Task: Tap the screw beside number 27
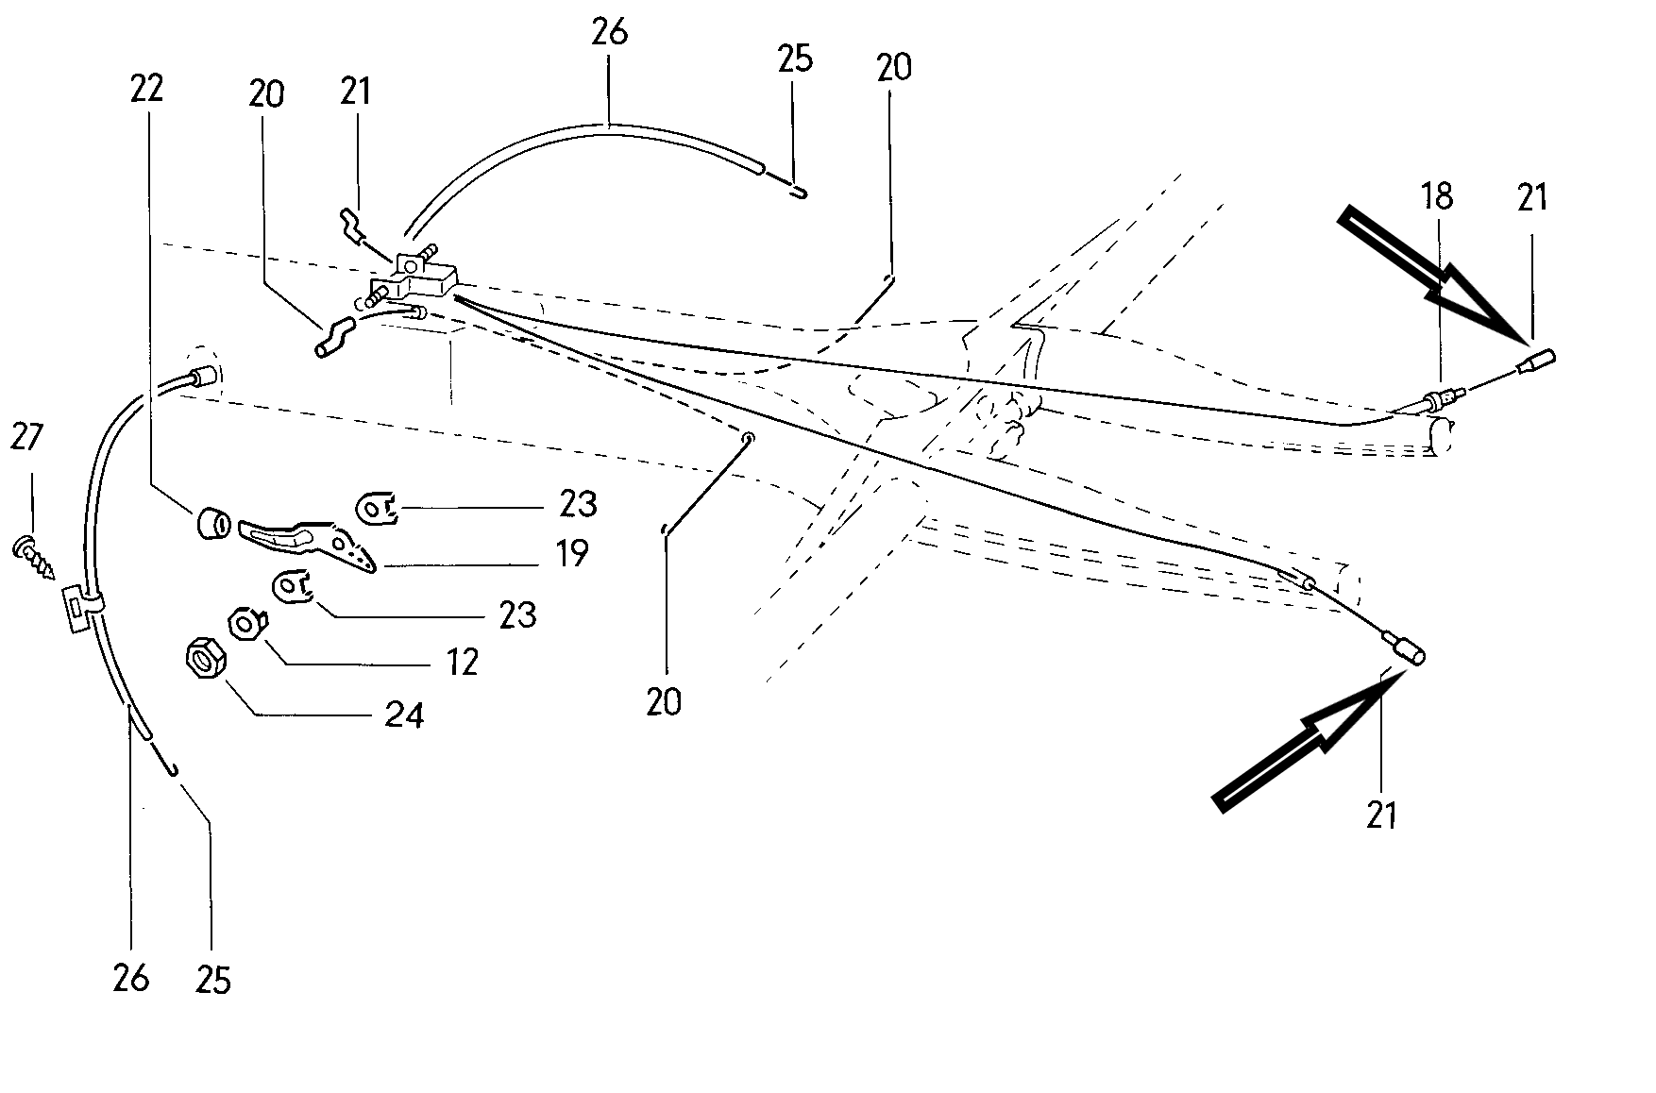pos(34,557)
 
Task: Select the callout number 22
pos(146,88)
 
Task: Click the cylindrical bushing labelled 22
pos(212,524)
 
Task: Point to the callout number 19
pos(570,552)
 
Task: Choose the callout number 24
pos(403,715)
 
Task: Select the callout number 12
pos(462,662)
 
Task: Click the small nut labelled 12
pos(247,625)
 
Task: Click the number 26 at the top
pos(609,33)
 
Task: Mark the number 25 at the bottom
pos(212,980)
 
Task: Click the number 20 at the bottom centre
pos(664,701)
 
